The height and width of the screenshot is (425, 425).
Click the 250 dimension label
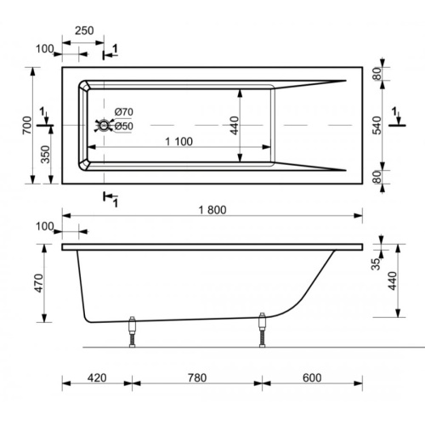[x=84, y=31]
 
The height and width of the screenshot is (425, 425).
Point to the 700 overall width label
[x=27, y=125]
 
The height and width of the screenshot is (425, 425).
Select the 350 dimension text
[x=45, y=155]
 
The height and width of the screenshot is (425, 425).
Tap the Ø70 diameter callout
[x=124, y=112]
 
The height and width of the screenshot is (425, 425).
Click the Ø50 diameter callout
[x=124, y=126]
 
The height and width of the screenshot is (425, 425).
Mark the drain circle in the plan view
[x=104, y=125]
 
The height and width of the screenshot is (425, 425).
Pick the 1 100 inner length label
[x=178, y=141]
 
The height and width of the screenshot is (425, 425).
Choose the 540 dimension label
[x=377, y=125]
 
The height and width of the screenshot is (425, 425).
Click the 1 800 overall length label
[x=212, y=210]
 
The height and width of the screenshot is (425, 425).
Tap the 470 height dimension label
[x=38, y=283]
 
